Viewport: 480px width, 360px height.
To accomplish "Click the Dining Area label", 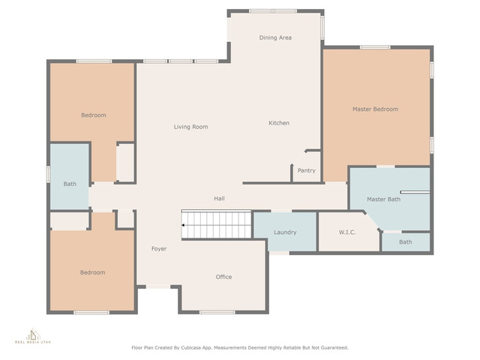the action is click(275, 37).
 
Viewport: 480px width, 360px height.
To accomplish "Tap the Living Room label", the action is click(190, 127).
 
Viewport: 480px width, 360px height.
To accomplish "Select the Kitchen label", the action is click(279, 123).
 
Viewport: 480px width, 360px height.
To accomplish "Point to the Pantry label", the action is click(307, 170).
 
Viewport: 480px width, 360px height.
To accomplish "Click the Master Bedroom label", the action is click(375, 109).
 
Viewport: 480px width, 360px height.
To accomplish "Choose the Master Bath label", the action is click(383, 199).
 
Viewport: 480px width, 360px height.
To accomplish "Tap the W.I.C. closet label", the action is click(347, 232).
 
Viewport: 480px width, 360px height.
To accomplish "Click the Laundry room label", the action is click(285, 232).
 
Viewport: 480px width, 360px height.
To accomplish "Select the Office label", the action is click(223, 277).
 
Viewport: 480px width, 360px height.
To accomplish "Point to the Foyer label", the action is click(159, 249).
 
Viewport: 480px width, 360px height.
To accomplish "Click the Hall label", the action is click(219, 199).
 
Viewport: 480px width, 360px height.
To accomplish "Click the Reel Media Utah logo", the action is click(33, 336).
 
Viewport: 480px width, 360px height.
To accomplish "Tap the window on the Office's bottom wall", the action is click(217, 312).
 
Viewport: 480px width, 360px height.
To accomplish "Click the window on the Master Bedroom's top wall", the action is click(375, 47).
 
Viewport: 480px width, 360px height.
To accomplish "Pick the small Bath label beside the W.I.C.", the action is click(405, 242).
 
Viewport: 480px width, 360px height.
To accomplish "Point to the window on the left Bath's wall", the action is click(48, 174).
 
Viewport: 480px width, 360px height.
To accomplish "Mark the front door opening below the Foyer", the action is click(158, 286).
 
